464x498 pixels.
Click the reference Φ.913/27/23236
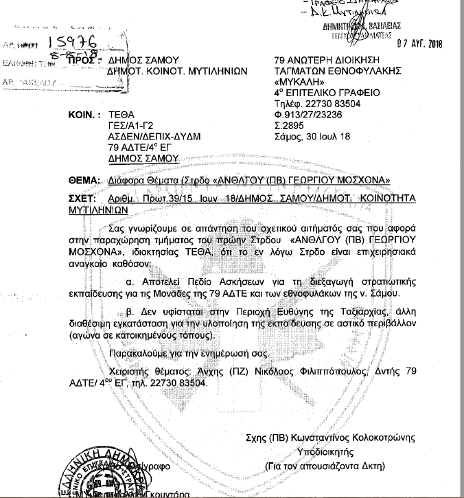308,115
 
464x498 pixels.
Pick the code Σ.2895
288,126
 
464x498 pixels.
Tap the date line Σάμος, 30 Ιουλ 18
312,137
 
